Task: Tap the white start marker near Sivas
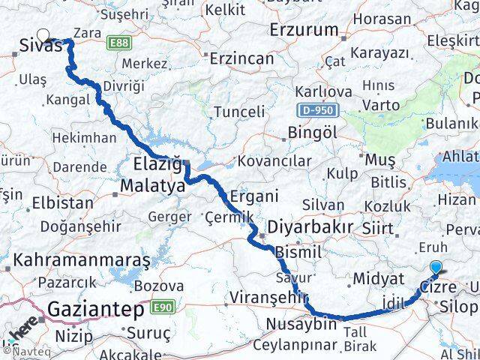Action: [44, 35]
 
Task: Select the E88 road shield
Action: [118, 43]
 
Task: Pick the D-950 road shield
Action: [318, 110]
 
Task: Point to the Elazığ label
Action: [158, 163]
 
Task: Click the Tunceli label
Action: [239, 112]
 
